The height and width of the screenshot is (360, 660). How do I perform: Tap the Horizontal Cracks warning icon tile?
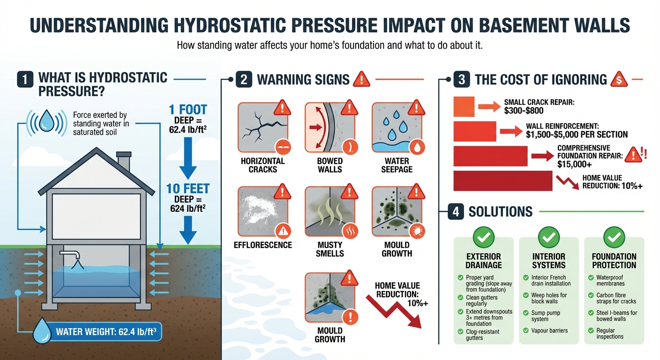click(262, 127)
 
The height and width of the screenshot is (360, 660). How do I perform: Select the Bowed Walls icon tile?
click(330, 127)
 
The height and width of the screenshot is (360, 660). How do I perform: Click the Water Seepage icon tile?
click(397, 127)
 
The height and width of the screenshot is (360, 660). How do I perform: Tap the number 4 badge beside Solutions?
click(456, 211)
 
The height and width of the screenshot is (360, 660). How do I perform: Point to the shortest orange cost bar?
click(464, 106)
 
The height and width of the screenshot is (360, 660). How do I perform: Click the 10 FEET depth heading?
click(187, 189)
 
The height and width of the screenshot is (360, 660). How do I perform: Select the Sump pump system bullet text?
click(546, 316)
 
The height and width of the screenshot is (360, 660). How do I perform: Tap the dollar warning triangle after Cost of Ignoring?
click(619, 79)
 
